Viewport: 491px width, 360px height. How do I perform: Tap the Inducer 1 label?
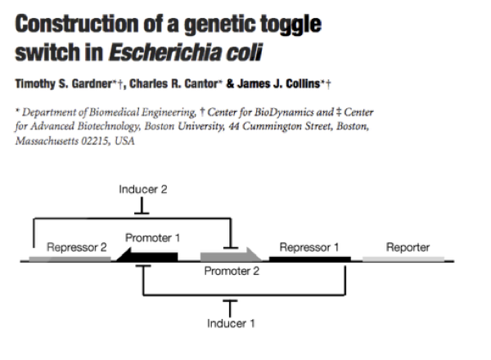click(231, 322)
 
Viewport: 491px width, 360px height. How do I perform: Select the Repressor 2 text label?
click(76, 246)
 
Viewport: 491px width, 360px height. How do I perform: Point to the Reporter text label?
click(408, 246)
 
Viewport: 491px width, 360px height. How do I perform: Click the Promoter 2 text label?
click(232, 272)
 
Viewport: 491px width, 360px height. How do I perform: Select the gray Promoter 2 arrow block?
click(230, 257)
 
